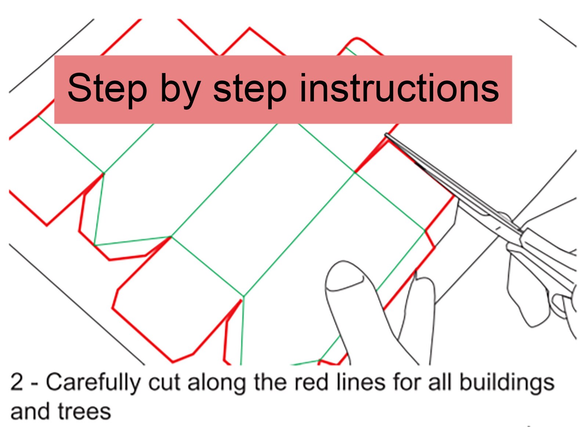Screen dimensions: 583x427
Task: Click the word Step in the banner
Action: pos(107,90)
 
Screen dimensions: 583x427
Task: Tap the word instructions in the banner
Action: pos(399,88)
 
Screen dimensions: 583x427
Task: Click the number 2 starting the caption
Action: pos(17,383)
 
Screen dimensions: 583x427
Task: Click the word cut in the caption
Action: pos(164,383)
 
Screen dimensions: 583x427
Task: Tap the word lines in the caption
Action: pos(361,383)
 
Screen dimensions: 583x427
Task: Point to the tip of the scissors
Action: pos(386,135)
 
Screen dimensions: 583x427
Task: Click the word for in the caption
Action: pos(406,383)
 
